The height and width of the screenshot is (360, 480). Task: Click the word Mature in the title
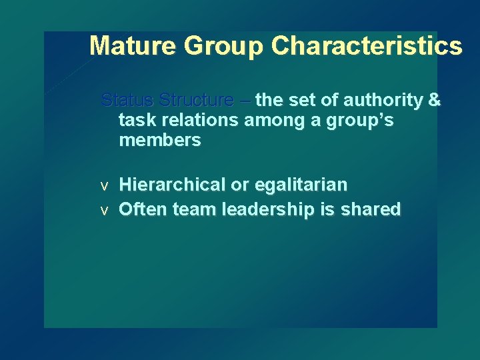tap(133, 46)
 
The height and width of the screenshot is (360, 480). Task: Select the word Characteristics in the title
tap(367, 46)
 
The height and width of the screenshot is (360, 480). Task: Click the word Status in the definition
tap(126, 100)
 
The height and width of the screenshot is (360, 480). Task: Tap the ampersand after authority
tap(435, 100)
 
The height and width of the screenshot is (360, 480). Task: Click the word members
tap(159, 141)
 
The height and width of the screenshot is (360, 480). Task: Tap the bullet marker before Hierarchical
tap(104, 185)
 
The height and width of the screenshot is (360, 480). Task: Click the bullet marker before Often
tap(104, 211)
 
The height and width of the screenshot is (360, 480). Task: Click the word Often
tap(143, 209)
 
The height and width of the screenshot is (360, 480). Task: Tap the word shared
tap(371, 209)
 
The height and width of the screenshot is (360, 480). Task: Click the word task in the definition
tap(133, 121)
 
